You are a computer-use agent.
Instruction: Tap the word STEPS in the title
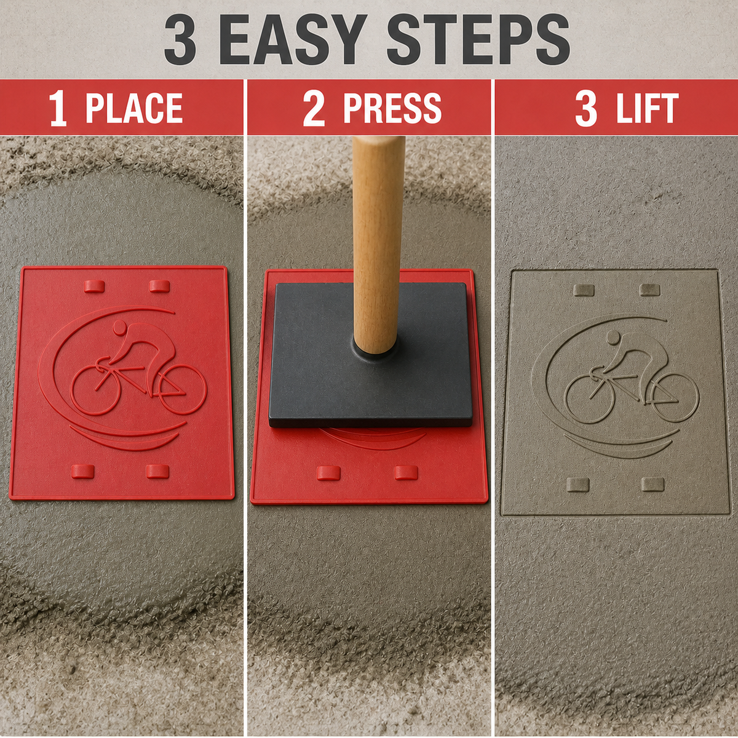(478, 39)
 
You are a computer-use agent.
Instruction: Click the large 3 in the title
(180, 39)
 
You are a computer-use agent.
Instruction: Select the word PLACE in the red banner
(133, 108)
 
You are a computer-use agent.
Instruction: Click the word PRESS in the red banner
(392, 108)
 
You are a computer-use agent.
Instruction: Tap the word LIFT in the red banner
(647, 108)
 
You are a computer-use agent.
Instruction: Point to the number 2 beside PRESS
(314, 108)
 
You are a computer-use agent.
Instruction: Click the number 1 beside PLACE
(58, 108)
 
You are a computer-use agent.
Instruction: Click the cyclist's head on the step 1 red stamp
(120, 327)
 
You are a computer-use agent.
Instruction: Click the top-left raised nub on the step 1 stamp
(94, 286)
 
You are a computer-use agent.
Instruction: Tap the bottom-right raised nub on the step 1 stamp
(157, 472)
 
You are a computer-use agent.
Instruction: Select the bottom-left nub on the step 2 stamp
(328, 473)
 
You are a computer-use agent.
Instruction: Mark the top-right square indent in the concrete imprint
(650, 290)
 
